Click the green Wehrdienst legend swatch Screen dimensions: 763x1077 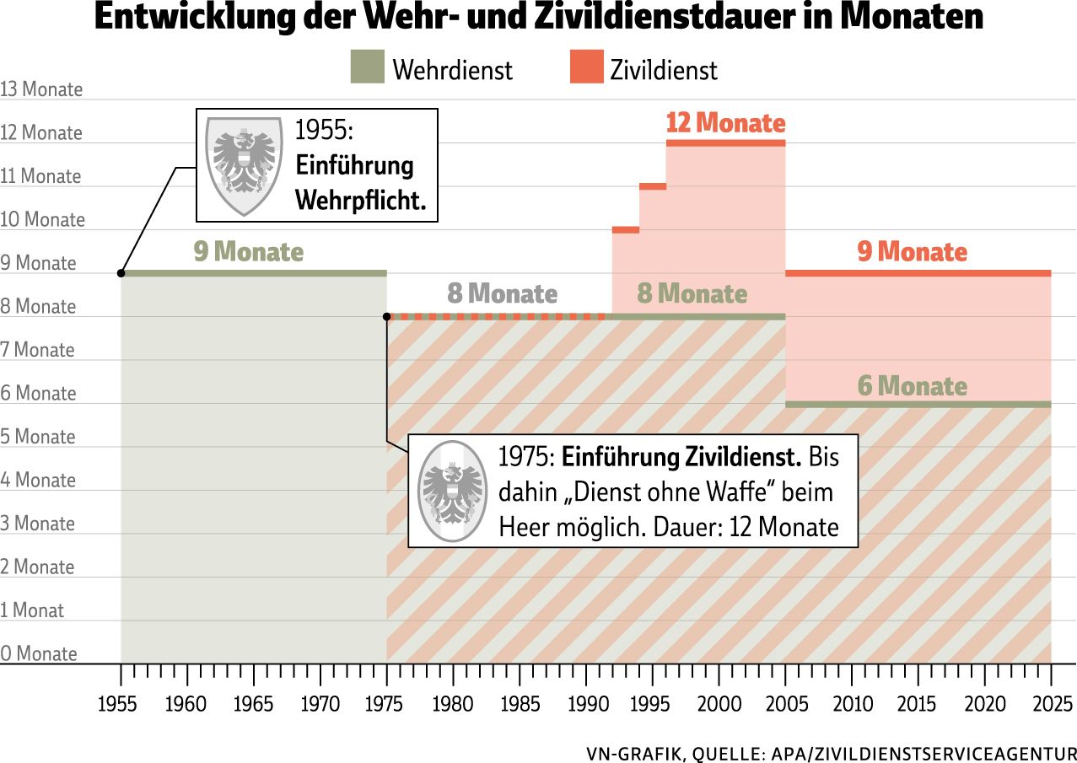click(x=367, y=67)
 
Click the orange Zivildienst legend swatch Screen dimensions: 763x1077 click(x=587, y=67)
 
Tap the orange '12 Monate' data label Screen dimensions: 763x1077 click(x=725, y=123)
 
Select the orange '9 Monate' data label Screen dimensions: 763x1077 click(x=912, y=251)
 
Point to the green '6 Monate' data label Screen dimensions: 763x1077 click(x=912, y=386)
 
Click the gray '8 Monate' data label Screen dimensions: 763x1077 click(x=502, y=293)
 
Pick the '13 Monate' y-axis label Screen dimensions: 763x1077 click(x=41, y=89)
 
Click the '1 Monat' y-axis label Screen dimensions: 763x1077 click(x=32, y=610)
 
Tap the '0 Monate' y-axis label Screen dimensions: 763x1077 click(x=39, y=653)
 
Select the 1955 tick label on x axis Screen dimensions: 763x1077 click(x=118, y=704)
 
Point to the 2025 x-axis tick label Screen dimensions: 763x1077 click(x=1051, y=704)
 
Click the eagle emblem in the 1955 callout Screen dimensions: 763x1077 click(x=245, y=165)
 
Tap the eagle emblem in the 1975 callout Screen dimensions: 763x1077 click(x=454, y=491)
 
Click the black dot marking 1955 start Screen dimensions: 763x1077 click(x=121, y=273)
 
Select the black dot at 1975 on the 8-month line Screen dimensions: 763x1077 click(x=387, y=317)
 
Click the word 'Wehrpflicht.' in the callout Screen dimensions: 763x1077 click(x=361, y=201)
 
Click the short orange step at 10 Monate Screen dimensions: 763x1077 click(x=625, y=229)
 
